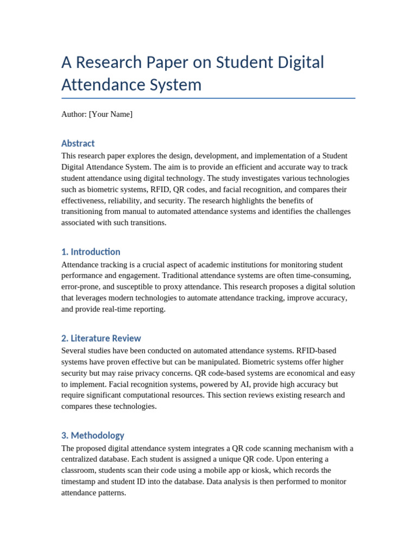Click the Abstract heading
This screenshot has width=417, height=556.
(x=78, y=143)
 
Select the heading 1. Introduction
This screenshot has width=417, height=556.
(x=91, y=252)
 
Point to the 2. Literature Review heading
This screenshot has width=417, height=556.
(x=101, y=338)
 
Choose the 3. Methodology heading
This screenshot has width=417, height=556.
(x=93, y=435)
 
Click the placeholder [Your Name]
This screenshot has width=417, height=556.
(x=110, y=114)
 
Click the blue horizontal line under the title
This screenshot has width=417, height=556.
(x=208, y=98)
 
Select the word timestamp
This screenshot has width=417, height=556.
(x=79, y=482)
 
